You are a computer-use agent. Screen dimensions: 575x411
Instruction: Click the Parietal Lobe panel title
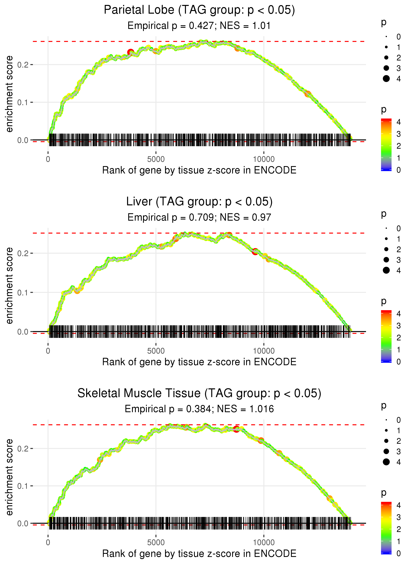click(199, 10)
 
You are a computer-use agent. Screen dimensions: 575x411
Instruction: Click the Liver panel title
click(199, 202)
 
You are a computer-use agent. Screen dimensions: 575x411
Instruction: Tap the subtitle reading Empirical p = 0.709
click(199, 218)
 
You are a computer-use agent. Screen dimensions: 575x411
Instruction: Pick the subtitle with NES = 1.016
click(199, 409)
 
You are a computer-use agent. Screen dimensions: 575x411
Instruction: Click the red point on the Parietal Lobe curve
click(131, 53)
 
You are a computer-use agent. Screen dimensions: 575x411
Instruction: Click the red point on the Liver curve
click(255, 252)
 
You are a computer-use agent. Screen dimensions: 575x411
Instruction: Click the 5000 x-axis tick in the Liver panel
click(156, 351)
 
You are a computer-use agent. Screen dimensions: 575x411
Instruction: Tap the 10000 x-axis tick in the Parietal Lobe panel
click(264, 159)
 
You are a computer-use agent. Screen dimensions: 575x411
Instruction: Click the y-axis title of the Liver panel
click(9, 286)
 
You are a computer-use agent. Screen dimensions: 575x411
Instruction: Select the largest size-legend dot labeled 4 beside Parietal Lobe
click(386, 79)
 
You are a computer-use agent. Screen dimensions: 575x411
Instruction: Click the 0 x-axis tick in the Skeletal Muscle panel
click(48, 543)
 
